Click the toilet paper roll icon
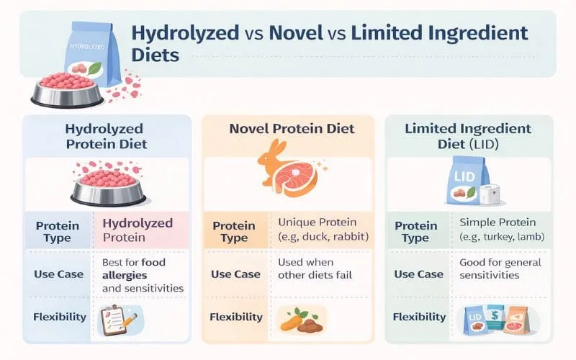pos(492,194)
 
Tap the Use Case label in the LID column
pos(419,274)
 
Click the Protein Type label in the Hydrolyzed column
pos(58,231)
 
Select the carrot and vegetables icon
pos(298,317)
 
